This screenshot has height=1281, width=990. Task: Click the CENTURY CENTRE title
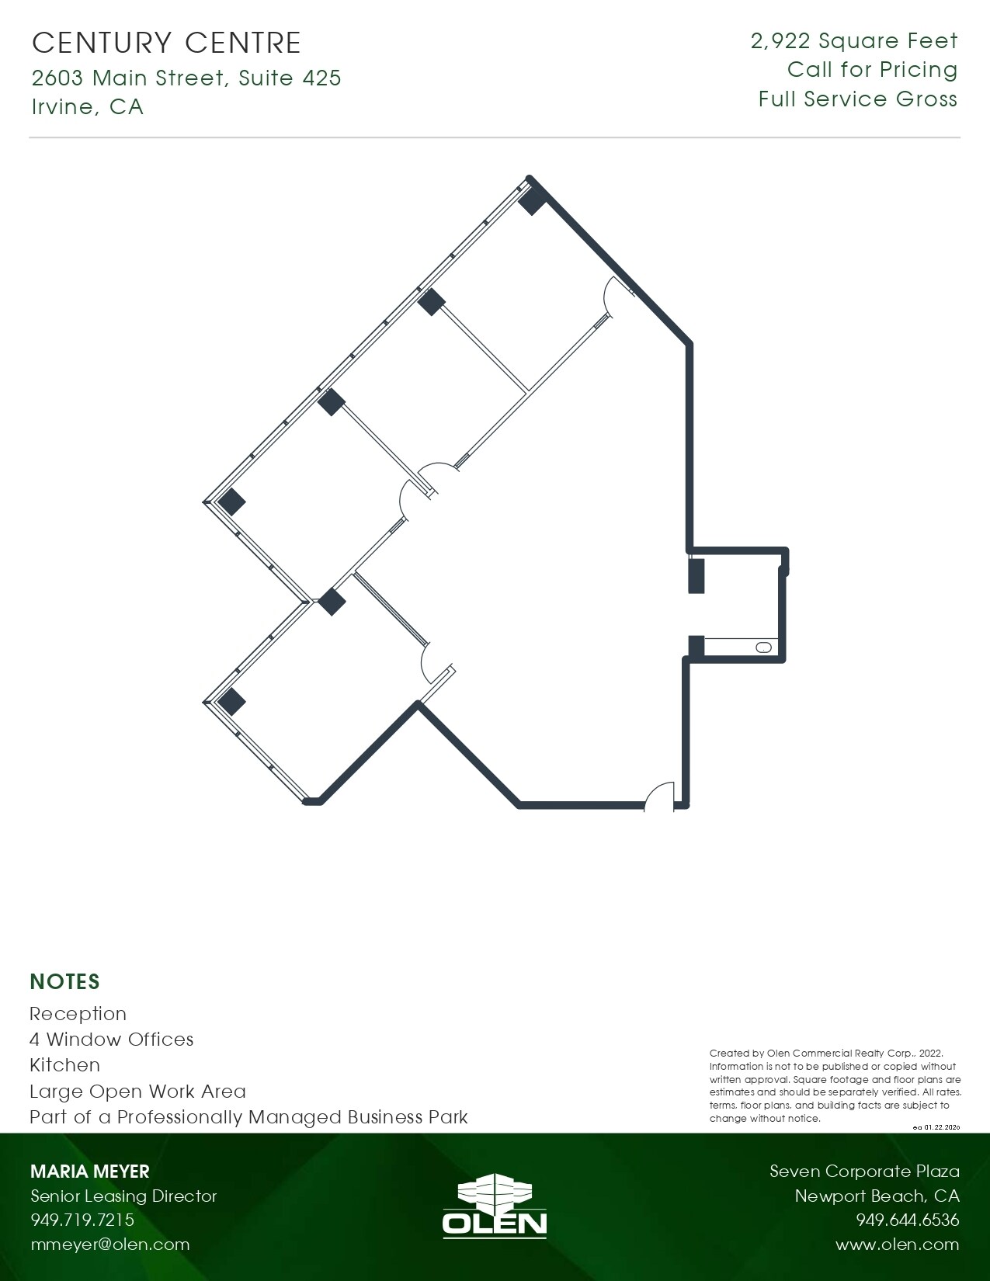(166, 43)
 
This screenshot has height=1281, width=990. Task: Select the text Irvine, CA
(88, 106)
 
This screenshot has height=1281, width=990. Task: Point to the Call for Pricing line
(872, 70)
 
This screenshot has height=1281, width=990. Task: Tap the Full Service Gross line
(858, 99)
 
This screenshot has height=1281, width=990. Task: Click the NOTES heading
(64, 982)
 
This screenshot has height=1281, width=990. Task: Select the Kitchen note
(64, 1065)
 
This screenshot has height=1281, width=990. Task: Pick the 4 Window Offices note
(111, 1040)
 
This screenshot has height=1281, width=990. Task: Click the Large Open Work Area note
(137, 1092)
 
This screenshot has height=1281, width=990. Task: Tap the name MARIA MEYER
(89, 1172)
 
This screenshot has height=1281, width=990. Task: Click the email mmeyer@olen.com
(109, 1245)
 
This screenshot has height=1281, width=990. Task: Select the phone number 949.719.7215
(82, 1220)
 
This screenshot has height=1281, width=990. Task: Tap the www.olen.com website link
(897, 1245)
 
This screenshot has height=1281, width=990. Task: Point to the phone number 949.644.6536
(907, 1220)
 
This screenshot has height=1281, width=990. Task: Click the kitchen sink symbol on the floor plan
(764, 647)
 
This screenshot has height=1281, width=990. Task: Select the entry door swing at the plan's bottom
(659, 795)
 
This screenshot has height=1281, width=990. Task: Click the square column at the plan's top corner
(533, 200)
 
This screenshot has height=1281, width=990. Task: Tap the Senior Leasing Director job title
(123, 1196)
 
